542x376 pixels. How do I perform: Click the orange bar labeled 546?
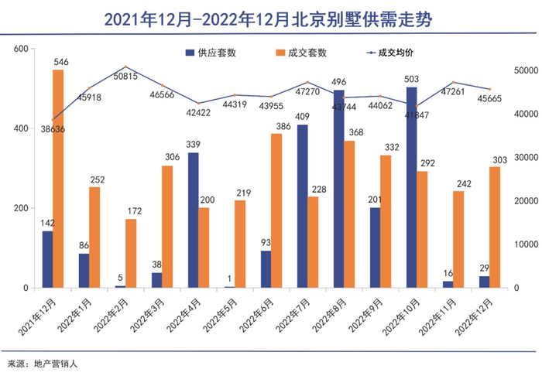pos(58,179)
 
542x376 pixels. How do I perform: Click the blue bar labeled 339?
pos(193,220)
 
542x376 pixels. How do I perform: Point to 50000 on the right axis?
pos(526,70)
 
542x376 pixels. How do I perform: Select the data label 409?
pos(302,118)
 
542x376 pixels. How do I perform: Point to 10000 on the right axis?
pos(526,244)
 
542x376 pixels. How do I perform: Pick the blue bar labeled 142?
pos(48,259)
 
